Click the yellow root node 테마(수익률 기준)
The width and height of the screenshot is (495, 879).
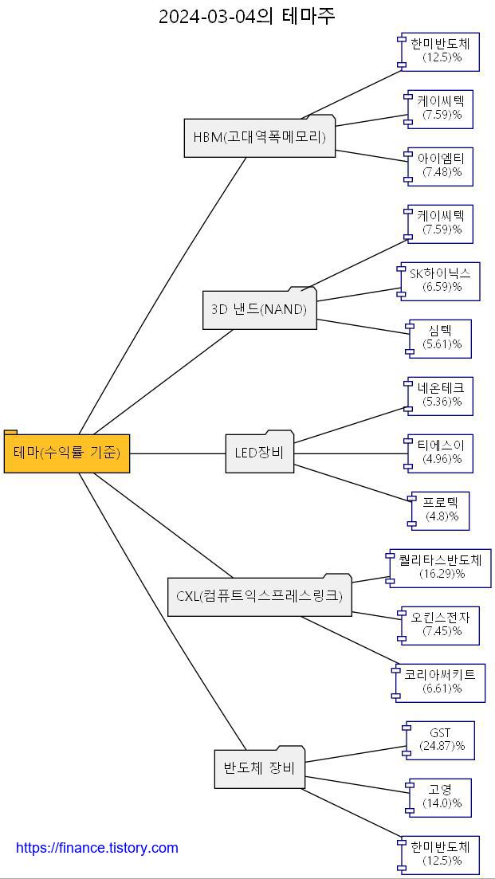tap(67, 453)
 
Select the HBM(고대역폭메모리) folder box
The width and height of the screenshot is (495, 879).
tap(259, 137)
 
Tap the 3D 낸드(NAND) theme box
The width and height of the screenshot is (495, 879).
tap(259, 310)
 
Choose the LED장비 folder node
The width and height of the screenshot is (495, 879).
tap(259, 453)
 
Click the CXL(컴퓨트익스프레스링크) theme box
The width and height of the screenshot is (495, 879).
tap(259, 596)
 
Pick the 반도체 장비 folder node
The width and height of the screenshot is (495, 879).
tap(259, 769)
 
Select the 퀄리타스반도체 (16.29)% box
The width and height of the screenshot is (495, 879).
tap(441, 567)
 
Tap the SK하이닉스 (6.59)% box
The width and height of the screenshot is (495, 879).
tap(441, 281)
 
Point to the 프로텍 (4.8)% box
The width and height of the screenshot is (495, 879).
tap(441, 511)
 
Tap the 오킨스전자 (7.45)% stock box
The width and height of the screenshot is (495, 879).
tap(441, 625)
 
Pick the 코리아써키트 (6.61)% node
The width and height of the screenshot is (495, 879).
tap(441, 682)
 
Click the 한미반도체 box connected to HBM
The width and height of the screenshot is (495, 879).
tap(441, 51)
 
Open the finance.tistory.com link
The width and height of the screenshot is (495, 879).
tap(97, 848)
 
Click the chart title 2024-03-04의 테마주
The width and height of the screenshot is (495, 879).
tap(247, 16)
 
